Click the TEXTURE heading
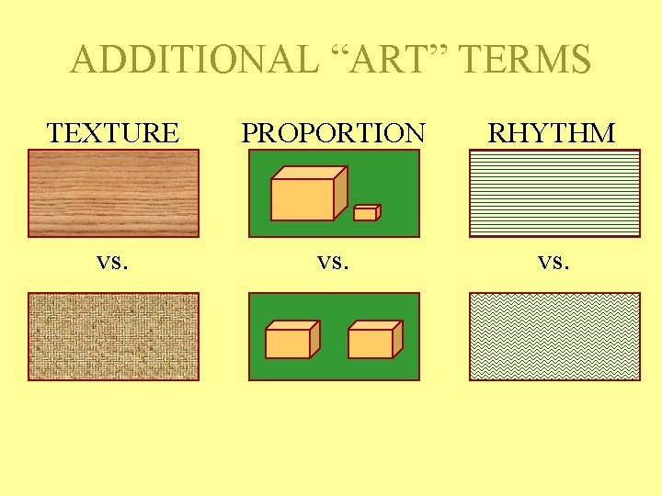click(113, 133)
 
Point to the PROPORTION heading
click(333, 133)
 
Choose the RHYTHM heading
click(552, 133)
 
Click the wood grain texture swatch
click(113, 194)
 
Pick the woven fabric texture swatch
click(113, 336)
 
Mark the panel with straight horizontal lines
click(554, 194)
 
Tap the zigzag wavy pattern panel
click(554, 336)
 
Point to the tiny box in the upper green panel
click(367, 212)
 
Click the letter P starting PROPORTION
click(248, 133)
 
